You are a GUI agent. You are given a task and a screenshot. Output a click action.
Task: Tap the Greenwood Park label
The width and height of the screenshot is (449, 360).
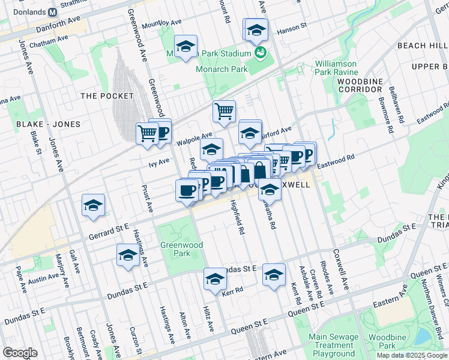(x=181, y=249)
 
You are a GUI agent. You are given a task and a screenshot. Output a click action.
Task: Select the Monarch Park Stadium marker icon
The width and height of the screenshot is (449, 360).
(x=260, y=53)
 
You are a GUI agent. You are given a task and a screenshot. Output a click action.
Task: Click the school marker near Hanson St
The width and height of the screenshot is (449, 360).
(x=256, y=29)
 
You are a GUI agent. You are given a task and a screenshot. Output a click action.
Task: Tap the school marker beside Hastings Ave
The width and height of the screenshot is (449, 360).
(x=127, y=255)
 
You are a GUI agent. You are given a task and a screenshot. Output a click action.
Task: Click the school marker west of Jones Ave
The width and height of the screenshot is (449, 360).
(x=93, y=205)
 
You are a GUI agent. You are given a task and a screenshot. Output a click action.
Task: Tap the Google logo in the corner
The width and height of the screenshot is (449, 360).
(x=20, y=353)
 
